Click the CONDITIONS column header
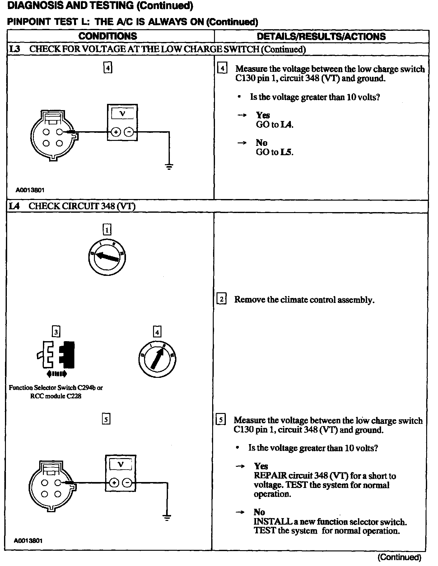click(x=108, y=36)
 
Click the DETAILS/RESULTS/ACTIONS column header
click(x=321, y=36)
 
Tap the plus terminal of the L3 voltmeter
click(x=116, y=132)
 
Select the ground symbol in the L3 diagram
click(x=169, y=167)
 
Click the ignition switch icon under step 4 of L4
click(x=157, y=359)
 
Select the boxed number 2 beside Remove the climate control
click(x=221, y=299)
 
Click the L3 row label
click(x=15, y=49)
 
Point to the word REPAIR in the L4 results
click(x=270, y=476)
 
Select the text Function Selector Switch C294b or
click(x=56, y=388)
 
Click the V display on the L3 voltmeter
click(x=122, y=114)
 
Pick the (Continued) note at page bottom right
click(x=399, y=557)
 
